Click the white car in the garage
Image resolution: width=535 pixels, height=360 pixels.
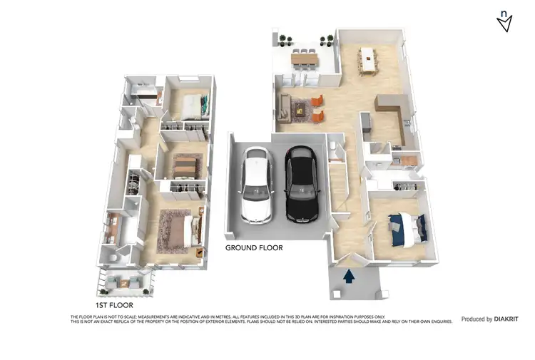[x=255, y=184]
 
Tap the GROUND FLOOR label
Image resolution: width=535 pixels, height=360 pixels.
[x=254, y=248]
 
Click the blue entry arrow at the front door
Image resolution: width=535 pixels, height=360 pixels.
[x=349, y=277]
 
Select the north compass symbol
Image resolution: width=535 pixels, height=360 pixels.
[x=504, y=21]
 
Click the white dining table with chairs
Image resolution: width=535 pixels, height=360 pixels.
[x=368, y=59]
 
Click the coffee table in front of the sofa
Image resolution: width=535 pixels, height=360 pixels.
[x=300, y=109]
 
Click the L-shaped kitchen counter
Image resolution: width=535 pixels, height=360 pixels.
[x=394, y=114]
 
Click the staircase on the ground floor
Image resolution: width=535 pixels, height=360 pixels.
[x=335, y=182]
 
